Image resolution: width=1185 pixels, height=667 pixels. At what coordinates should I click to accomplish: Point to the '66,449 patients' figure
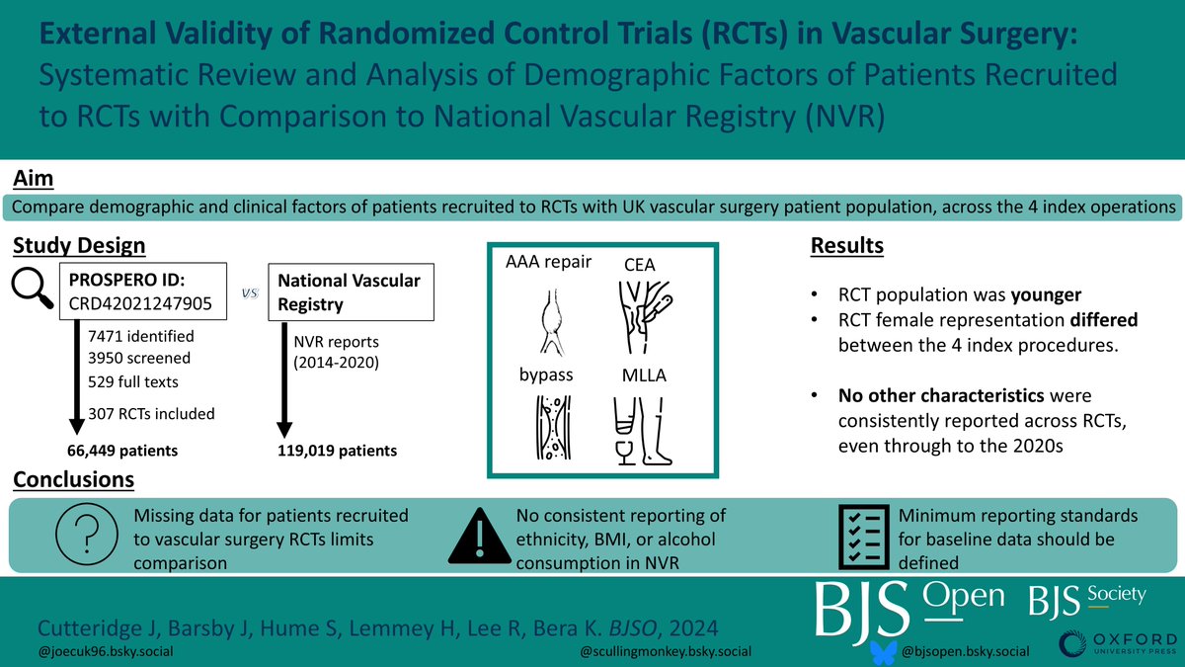[122, 451]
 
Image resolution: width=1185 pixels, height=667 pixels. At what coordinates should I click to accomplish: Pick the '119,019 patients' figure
[339, 451]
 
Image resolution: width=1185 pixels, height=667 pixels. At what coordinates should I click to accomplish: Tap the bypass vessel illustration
[548, 428]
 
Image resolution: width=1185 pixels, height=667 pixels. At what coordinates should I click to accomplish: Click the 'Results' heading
[846, 244]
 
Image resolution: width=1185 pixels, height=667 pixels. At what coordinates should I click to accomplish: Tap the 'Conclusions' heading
[74, 480]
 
